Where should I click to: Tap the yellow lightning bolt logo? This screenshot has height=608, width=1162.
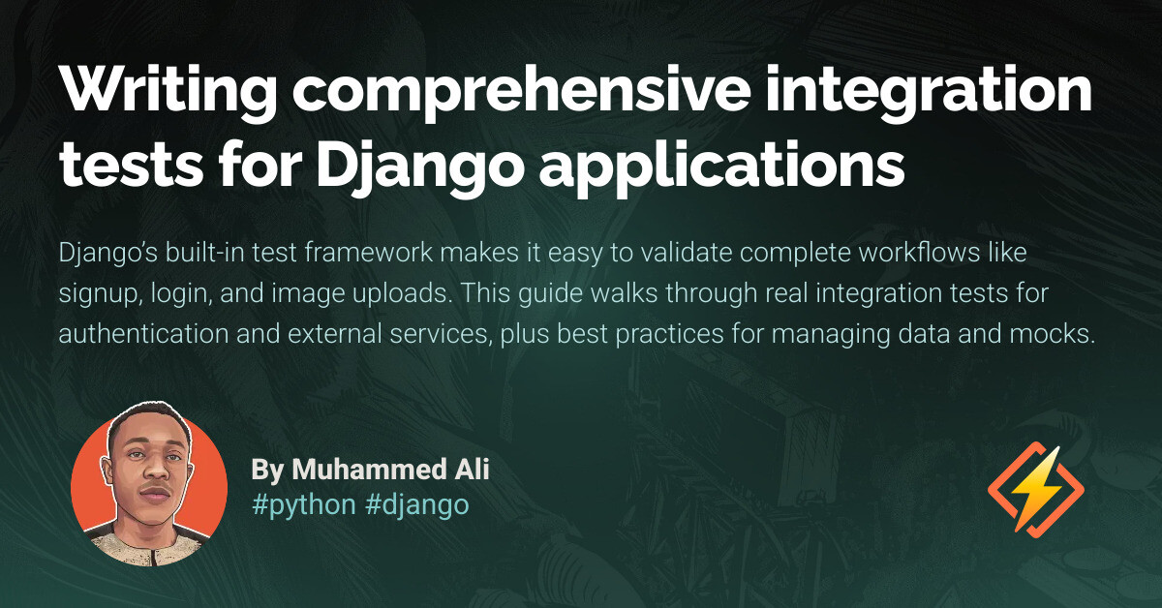pos(1035,488)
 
